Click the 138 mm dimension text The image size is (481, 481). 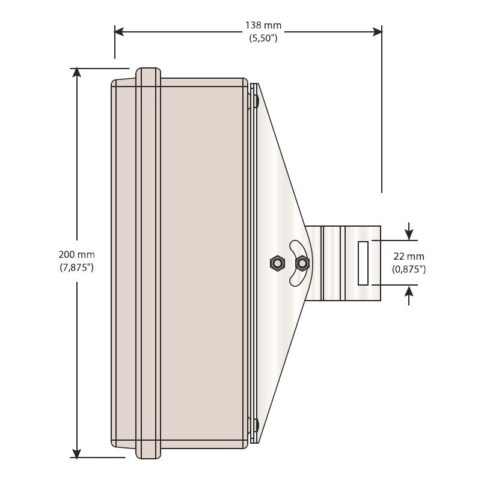click(x=263, y=25)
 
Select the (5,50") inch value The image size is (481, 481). click(x=263, y=37)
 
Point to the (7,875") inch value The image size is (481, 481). click(x=76, y=267)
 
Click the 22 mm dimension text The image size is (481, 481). click(x=409, y=257)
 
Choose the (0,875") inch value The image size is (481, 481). click(x=409, y=269)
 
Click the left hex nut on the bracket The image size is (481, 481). click(x=277, y=263)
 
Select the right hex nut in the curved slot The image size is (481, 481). click(x=302, y=263)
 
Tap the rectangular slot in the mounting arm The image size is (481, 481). click(x=363, y=263)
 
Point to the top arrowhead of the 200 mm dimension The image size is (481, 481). click(x=76, y=73)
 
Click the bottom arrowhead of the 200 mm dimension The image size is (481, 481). click(x=76, y=453)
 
